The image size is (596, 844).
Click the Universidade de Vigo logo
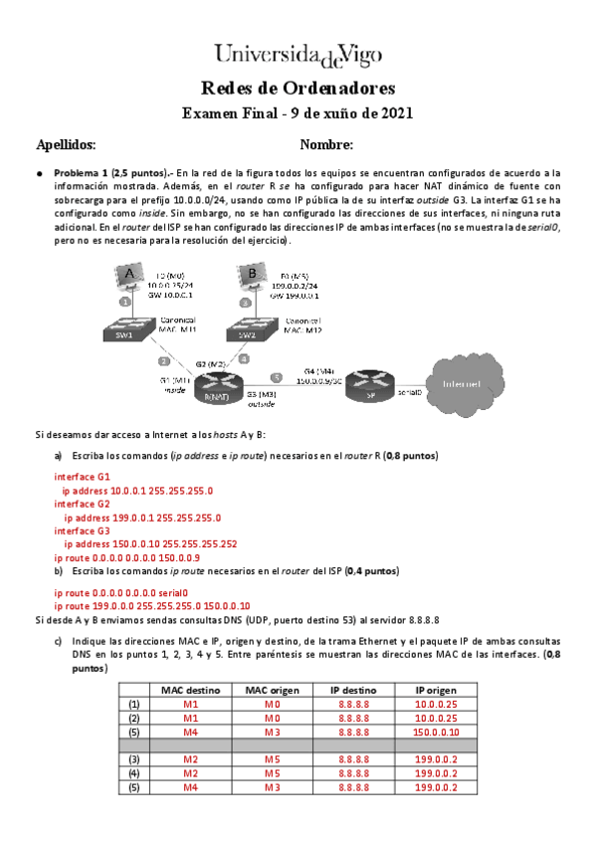(x=298, y=53)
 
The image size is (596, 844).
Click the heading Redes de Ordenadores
(x=298, y=88)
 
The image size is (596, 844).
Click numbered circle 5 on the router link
(x=278, y=378)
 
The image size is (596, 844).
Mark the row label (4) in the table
(x=134, y=773)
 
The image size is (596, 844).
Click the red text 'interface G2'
(x=82, y=505)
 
